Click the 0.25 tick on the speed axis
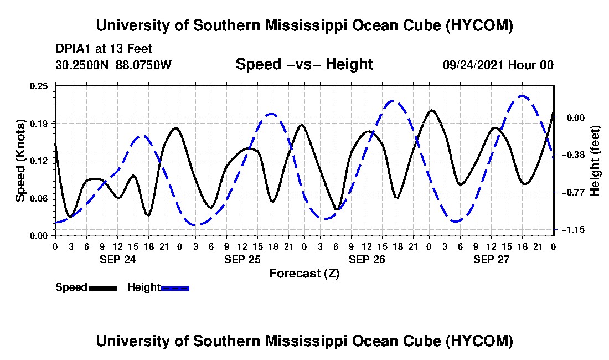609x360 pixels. click(x=39, y=86)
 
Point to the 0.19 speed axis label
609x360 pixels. click(x=39, y=124)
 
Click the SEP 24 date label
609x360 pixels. click(x=118, y=259)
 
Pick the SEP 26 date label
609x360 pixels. click(x=367, y=259)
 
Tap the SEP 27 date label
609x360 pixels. click(x=491, y=259)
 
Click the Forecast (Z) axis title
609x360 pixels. click(x=304, y=274)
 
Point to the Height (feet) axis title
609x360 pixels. click(x=595, y=161)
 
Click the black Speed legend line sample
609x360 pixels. click(x=103, y=288)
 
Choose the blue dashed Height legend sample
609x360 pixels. click(x=175, y=288)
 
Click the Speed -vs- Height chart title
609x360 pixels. click(x=304, y=64)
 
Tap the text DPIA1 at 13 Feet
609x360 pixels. click(x=104, y=49)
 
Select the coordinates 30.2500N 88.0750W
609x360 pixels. click(x=113, y=64)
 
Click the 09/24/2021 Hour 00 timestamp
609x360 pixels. click(x=498, y=65)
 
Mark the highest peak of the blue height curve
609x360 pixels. click(x=522, y=96)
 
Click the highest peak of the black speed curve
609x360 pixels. click(x=431, y=110)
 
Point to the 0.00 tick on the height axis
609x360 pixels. click(x=576, y=117)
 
